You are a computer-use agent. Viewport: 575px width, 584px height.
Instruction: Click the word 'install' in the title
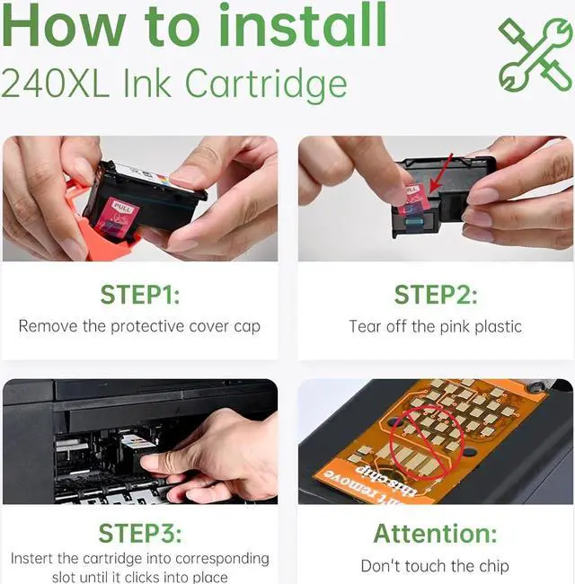(303, 24)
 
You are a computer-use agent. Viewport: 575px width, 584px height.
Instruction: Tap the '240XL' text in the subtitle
(56, 84)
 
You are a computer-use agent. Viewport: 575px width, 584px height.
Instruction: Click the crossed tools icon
(535, 55)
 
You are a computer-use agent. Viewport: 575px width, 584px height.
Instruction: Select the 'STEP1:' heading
(140, 295)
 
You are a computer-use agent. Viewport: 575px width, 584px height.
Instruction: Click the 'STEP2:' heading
(436, 295)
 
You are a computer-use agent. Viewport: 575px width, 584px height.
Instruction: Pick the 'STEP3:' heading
(140, 533)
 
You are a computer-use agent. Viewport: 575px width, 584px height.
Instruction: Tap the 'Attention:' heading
(436, 534)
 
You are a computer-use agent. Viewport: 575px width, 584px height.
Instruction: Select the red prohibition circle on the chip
(427, 442)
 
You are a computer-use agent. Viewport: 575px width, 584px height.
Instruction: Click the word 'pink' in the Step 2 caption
(455, 327)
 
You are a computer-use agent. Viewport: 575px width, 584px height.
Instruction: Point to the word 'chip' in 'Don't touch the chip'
(494, 567)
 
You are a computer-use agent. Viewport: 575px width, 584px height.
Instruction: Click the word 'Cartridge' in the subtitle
(266, 84)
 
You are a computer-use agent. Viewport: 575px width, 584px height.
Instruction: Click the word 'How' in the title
(64, 25)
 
